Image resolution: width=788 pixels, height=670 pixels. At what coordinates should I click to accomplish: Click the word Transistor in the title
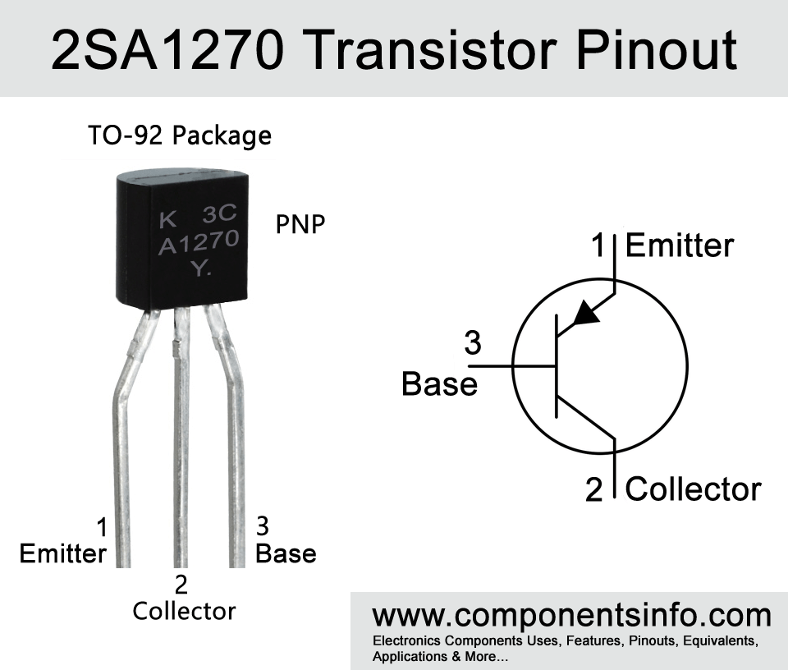pyautogui.click(x=432, y=50)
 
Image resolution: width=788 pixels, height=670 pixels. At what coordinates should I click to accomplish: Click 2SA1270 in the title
pyautogui.click(x=167, y=50)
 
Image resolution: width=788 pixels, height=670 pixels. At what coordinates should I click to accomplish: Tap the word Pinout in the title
pyautogui.click(x=657, y=50)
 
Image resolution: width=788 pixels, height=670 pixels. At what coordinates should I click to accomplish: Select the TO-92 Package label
pyautogui.click(x=180, y=135)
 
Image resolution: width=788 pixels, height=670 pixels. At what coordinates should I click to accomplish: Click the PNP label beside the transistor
pyautogui.click(x=300, y=224)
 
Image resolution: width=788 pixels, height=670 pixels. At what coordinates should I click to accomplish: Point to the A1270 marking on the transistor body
pyautogui.click(x=199, y=243)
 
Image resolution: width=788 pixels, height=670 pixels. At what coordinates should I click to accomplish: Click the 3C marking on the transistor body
pyautogui.click(x=220, y=214)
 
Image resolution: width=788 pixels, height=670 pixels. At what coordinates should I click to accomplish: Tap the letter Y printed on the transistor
pyautogui.click(x=200, y=268)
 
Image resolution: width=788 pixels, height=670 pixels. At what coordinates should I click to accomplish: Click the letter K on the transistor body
pyautogui.click(x=167, y=220)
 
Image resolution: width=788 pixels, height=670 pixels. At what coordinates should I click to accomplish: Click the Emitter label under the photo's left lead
pyautogui.click(x=63, y=554)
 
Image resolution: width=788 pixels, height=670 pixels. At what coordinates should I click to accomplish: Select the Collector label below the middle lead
pyautogui.click(x=184, y=611)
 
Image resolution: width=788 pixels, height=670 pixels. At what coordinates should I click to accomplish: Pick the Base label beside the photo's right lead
pyautogui.click(x=286, y=553)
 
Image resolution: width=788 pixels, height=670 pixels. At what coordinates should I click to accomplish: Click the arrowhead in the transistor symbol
pyautogui.click(x=586, y=313)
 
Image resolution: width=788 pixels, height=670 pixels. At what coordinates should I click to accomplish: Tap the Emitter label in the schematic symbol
pyautogui.click(x=680, y=246)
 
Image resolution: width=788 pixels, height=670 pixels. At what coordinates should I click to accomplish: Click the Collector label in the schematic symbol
pyautogui.click(x=694, y=489)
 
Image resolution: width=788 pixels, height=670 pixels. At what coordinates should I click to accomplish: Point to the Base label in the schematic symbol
pyautogui.click(x=439, y=384)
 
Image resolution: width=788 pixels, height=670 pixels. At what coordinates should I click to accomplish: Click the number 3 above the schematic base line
pyautogui.click(x=473, y=343)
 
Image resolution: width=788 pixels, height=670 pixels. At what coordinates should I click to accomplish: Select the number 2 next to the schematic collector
pyautogui.click(x=593, y=489)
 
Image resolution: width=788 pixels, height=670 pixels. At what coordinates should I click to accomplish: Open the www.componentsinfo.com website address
pyautogui.click(x=571, y=615)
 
